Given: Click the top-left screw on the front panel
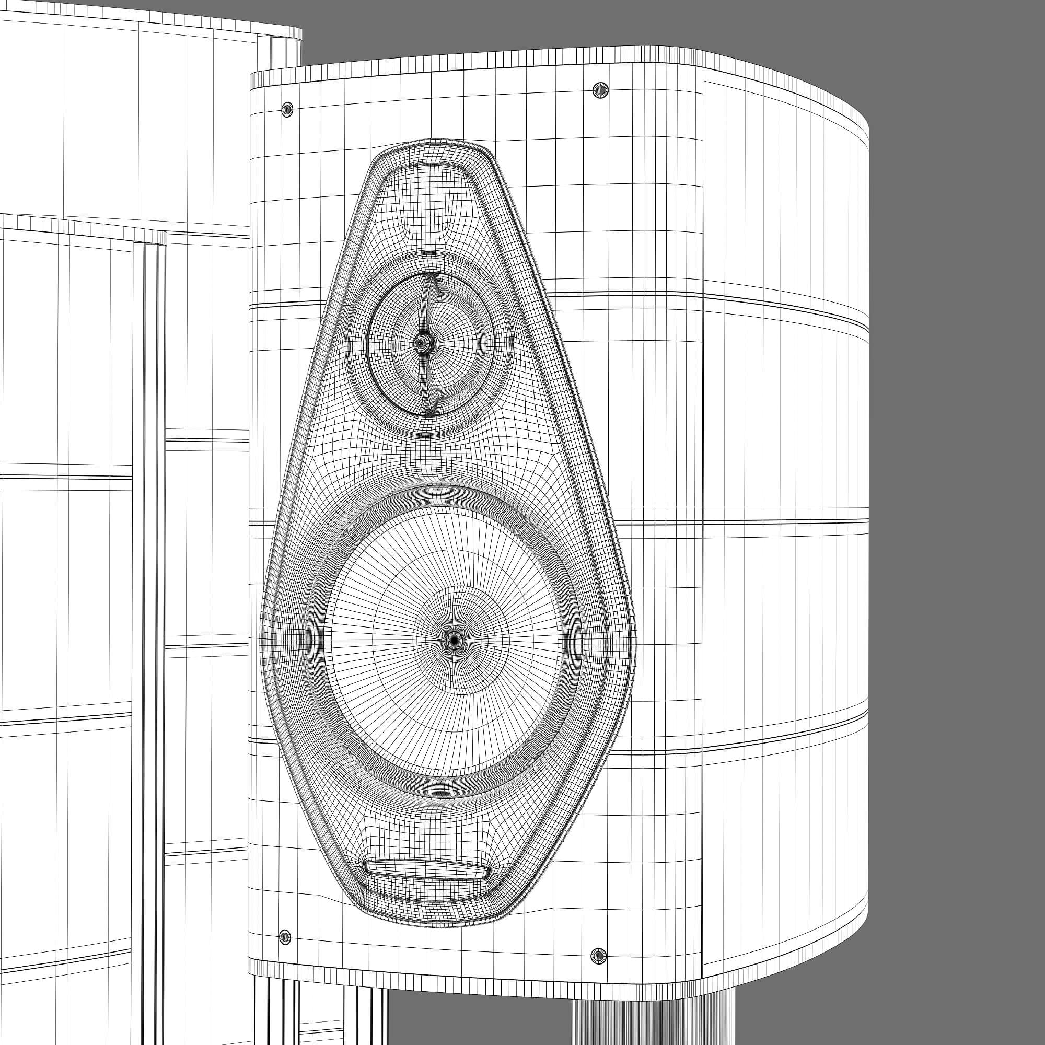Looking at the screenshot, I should click(x=287, y=109).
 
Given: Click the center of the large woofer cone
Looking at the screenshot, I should click(x=453, y=640).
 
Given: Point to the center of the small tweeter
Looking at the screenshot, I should click(x=421, y=342).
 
